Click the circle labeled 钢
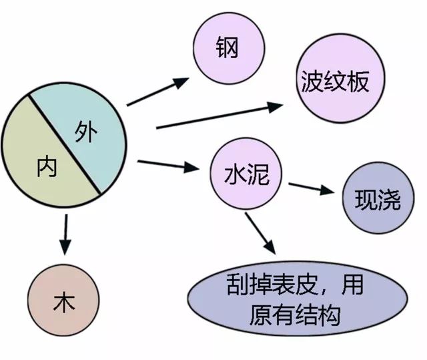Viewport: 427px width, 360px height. (x=227, y=47)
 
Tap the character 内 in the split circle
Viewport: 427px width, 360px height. (x=47, y=168)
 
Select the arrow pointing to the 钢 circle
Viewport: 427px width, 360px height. (x=157, y=92)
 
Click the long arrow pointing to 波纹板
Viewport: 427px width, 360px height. (x=220, y=115)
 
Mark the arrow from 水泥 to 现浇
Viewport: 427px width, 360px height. (x=312, y=188)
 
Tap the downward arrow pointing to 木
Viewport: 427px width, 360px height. (x=65, y=235)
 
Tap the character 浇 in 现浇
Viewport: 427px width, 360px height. (x=389, y=200)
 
